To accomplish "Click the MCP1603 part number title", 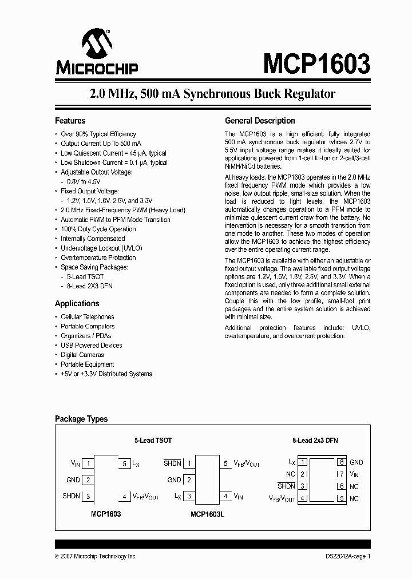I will point(316,63).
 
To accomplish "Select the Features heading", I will point(70,121).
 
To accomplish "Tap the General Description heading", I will point(260,121).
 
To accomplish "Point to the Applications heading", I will point(77,304).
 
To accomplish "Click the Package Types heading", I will point(81,419).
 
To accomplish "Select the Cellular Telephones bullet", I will point(87,317).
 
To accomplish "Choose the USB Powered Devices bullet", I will point(91,346).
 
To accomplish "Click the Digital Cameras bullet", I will point(82,355).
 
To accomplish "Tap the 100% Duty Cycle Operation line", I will point(98,229).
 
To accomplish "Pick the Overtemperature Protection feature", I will point(98,258).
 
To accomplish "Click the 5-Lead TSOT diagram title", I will point(153,441).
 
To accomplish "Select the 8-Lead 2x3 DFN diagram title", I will point(316,441).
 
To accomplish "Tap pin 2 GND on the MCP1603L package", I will point(189,480).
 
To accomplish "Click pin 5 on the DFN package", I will point(342,499).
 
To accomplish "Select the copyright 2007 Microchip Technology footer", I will point(96,556).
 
